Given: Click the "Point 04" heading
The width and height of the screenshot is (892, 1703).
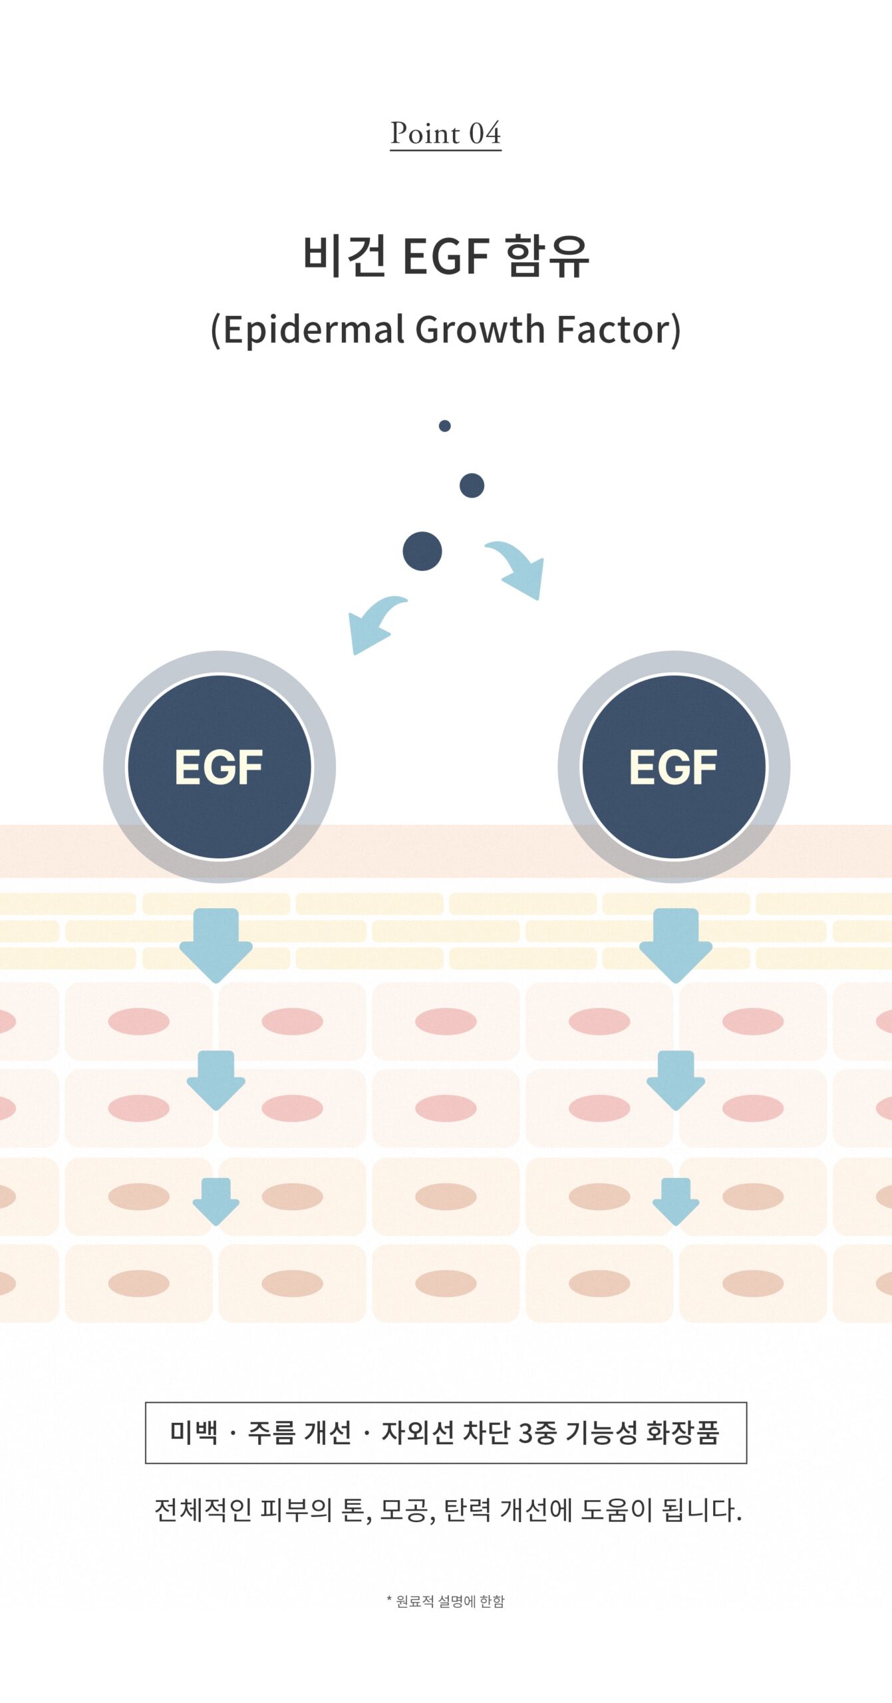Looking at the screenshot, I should pyautogui.click(x=445, y=134).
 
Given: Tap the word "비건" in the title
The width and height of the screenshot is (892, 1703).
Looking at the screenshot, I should pyautogui.click(x=344, y=256).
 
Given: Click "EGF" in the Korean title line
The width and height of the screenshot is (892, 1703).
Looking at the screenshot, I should pyautogui.click(x=446, y=256).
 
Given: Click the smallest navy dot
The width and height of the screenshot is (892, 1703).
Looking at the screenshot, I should pyautogui.click(x=445, y=426).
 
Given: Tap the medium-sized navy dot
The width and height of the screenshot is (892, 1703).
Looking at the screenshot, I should pyautogui.click(x=472, y=486).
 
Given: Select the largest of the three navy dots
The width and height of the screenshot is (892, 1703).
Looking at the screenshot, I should pyautogui.click(x=422, y=551).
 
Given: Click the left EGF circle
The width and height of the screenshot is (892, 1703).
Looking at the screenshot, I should pyautogui.click(x=219, y=767).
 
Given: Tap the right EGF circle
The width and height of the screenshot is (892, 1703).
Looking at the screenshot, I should pyautogui.click(x=673, y=767).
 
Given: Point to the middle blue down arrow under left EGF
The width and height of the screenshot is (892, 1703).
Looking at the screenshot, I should pyautogui.click(x=216, y=1079).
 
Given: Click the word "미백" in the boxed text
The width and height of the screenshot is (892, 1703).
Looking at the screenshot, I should pyautogui.click(x=194, y=1432).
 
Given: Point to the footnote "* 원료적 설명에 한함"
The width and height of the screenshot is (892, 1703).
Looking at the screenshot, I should pyautogui.click(x=446, y=1602).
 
